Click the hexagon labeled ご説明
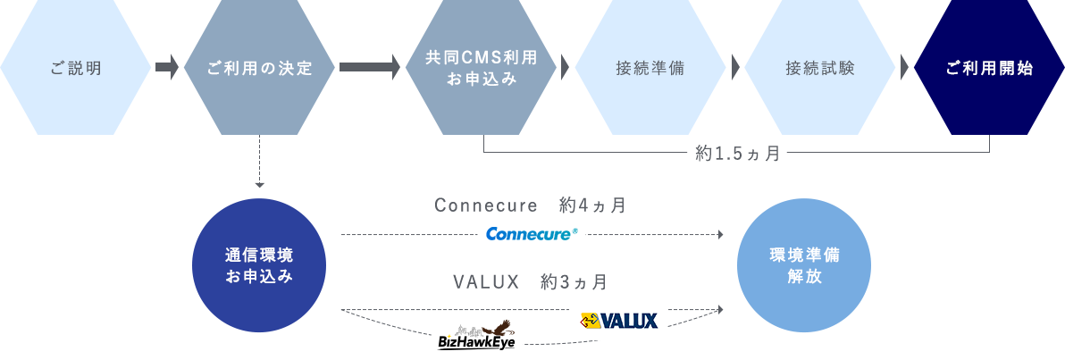(x=75, y=67)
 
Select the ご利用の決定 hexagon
(x=259, y=67)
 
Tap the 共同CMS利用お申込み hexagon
(x=481, y=67)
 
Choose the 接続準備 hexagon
(x=650, y=67)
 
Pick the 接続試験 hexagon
(x=820, y=67)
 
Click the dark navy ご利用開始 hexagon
(x=990, y=67)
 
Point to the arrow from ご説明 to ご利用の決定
(x=167, y=67)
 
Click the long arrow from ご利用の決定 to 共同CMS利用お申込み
(x=370, y=67)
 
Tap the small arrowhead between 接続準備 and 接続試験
(x=735, y=67)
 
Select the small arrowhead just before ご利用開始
(x=905, y=67)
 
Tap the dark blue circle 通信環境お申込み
(x=259, y=265)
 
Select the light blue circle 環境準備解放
(x=804, y=265)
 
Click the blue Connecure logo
(x=532, y=234)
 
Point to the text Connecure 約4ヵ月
(x=530, y=205)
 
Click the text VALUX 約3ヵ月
(x=531, y=281)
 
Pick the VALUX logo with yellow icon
(x=619, y=320)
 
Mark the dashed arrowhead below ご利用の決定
(x=259, y=185)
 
